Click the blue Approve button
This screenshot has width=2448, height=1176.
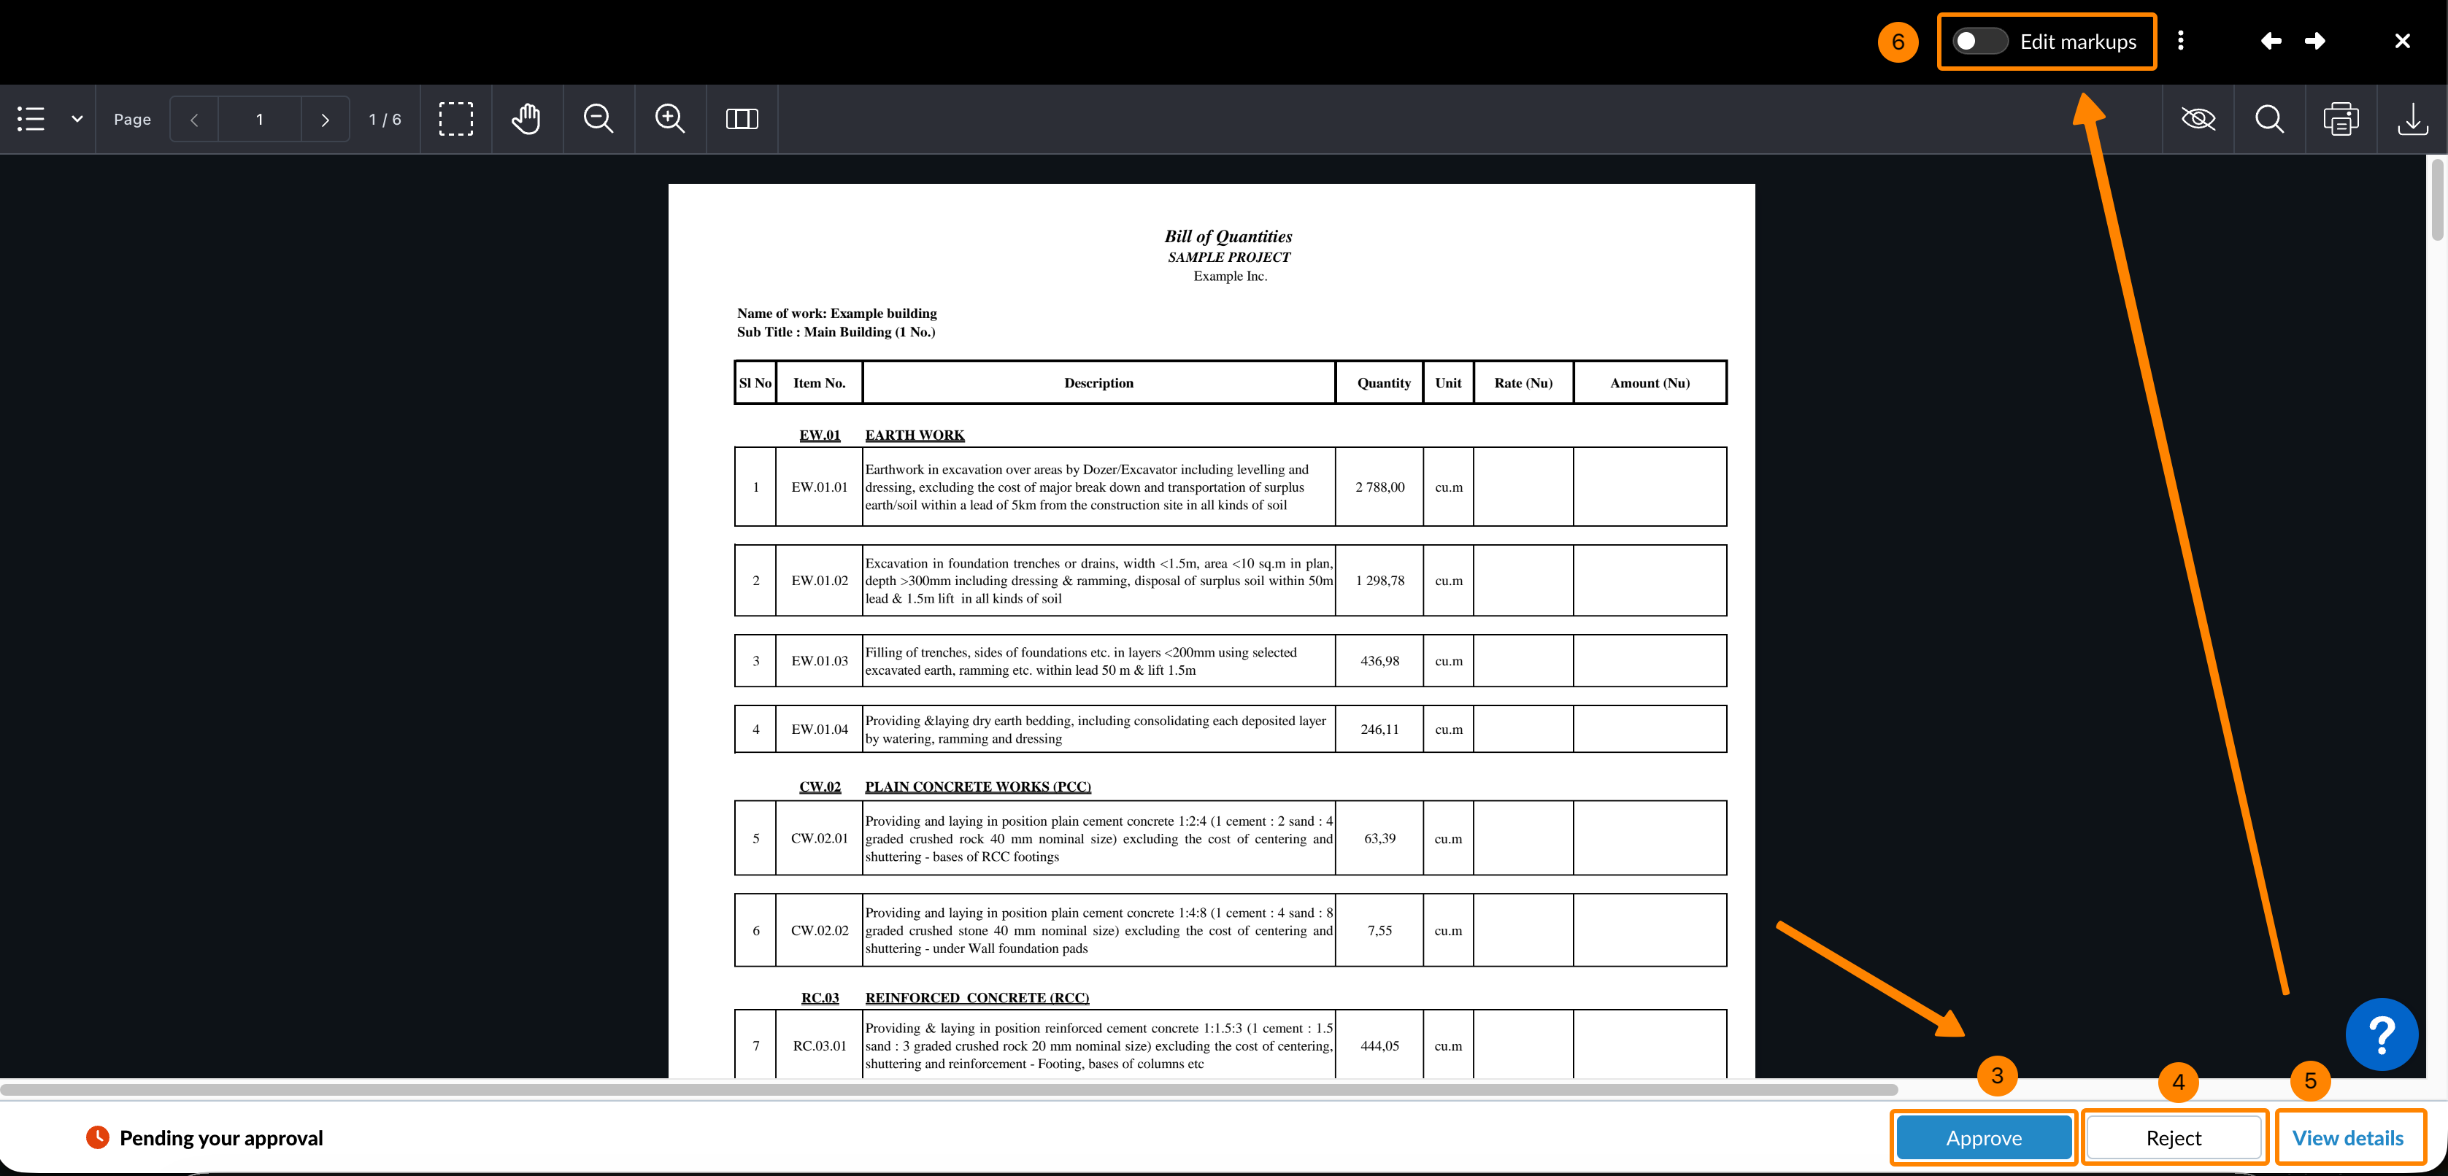1983,1137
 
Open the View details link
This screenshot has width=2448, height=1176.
2347,1137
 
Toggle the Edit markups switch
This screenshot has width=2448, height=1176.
1979,42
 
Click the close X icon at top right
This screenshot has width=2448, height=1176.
2401,41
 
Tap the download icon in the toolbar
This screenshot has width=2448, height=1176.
2412,120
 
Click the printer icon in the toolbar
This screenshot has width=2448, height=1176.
2341,120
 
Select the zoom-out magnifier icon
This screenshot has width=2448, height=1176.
598,119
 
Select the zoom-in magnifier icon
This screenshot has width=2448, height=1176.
669,119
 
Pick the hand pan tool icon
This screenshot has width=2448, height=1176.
526,119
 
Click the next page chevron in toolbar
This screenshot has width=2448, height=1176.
325,120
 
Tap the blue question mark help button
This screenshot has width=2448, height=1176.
2382,1034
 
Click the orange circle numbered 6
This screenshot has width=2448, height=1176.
1898,42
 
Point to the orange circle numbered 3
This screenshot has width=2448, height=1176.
1997,1075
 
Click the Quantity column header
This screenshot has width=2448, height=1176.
1382,383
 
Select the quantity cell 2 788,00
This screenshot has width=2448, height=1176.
1379,487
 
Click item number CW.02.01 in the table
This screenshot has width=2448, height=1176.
819,837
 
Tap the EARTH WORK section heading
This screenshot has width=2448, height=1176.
915,435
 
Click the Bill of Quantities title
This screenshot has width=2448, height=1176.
1228,236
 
